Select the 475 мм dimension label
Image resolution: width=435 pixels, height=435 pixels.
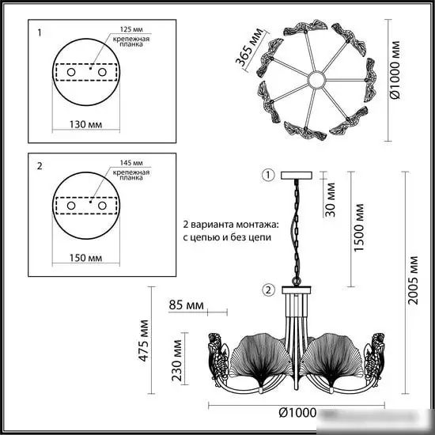(145, 340)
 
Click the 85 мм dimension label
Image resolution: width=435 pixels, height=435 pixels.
(187, 304)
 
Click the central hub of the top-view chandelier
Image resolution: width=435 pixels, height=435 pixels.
(317, 79)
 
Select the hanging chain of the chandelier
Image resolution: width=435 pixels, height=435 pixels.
(298, 229)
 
